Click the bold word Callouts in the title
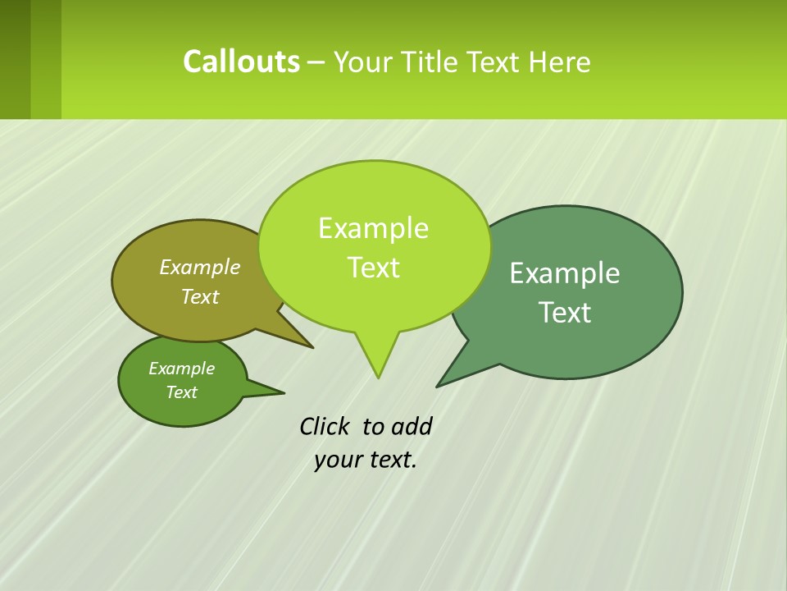pyautogui.click(x=241, y=62)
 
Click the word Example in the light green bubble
pyautogui.click(x=373, y=228)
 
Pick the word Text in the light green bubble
pyautogui.click(x=373, y=268)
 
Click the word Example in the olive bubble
pyautogui.click(x=200, y=267)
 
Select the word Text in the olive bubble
pyautogui.click(x=200, y=296)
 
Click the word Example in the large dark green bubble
pyautogui.click(x=565, y=273)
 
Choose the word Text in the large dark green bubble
pyautogui.click(x=565, y=313)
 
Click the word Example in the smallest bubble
pyautogui.click(x=181, y=369)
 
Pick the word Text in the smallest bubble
pyautogui.click(x=181, y=392)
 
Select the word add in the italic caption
pyautogui.click(x=412, y=426)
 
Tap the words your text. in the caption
pyautogui.click(x=366, y=460)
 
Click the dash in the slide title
pyautogui.click(x=316, y=62)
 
